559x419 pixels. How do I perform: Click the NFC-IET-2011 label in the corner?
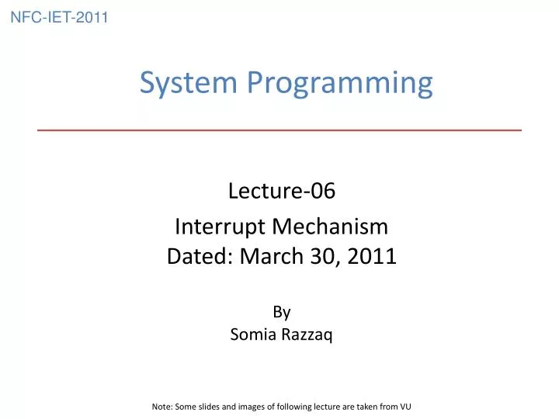click(59, 17)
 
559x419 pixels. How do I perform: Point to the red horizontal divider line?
click(279, 130)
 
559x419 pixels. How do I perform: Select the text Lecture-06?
click(281, 190)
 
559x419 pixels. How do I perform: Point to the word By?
click(281, 312)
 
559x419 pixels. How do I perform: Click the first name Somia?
click(250, 335)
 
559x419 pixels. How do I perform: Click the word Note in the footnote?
click(161, 405)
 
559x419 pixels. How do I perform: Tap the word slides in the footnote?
click(210, 405)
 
